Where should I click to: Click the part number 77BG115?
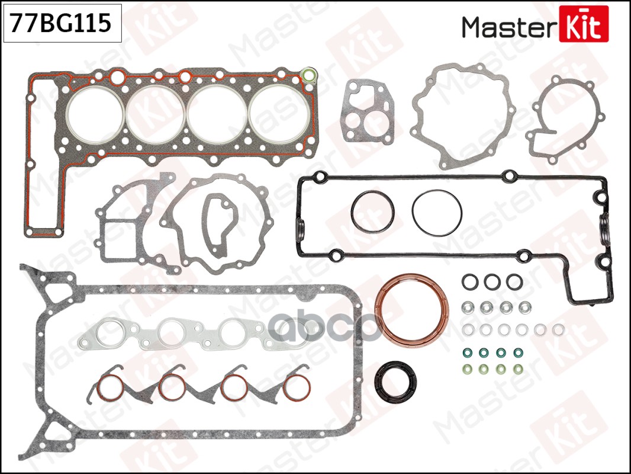coord(62,24)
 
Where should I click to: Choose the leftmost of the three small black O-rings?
coord(469,282)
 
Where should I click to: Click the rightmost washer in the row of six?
coord(558,329)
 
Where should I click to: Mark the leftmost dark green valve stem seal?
coord(465,353)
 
